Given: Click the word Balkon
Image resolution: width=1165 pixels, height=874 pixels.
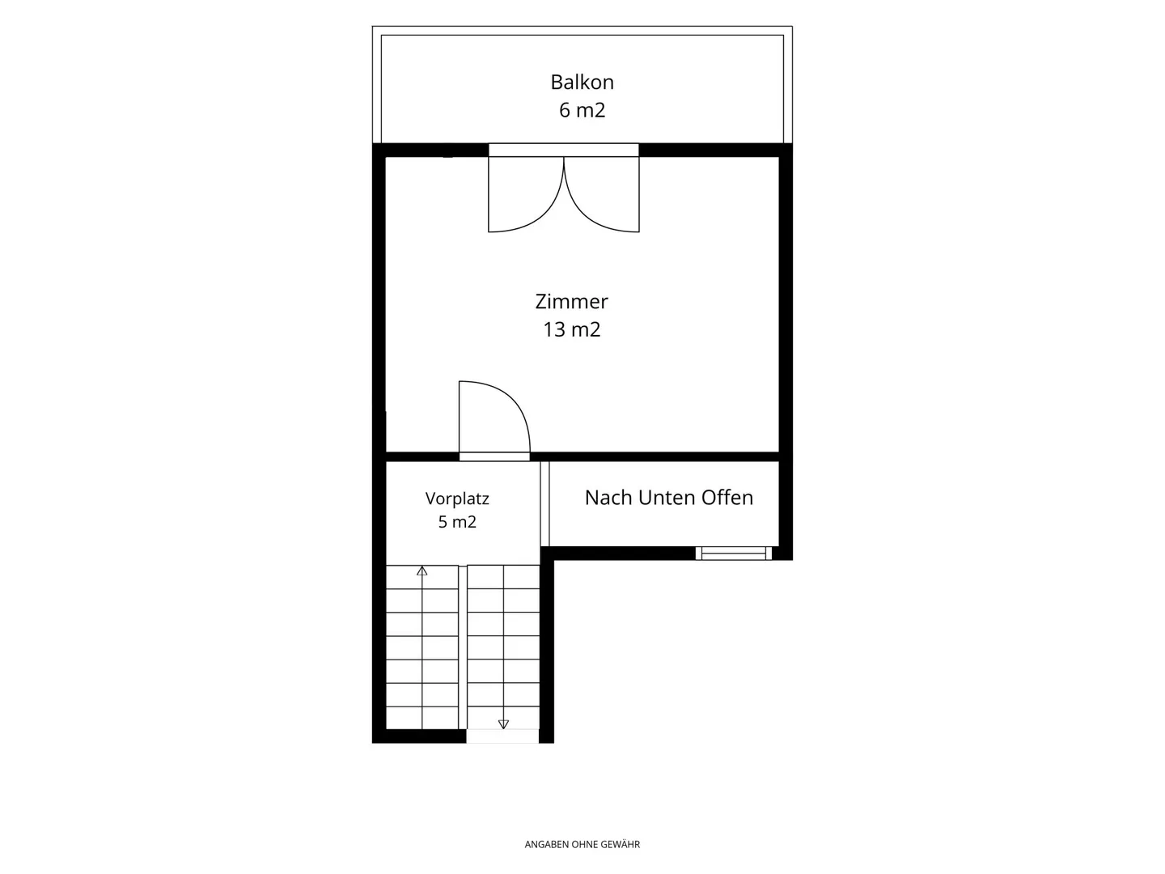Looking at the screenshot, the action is [582, 83].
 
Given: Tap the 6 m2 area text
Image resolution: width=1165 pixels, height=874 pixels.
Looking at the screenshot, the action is [582, 110].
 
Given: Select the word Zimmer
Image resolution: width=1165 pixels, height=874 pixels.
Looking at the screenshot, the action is [571, 301].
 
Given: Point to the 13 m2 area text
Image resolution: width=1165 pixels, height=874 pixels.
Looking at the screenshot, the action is [572, 329].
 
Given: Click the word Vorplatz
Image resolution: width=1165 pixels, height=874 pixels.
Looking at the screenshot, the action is [457, 499].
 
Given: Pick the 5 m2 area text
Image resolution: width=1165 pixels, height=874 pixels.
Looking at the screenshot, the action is [457, 522].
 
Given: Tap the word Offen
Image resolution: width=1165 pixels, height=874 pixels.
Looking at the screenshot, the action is [727, 498].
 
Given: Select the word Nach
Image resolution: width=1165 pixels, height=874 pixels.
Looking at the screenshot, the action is [608, 498].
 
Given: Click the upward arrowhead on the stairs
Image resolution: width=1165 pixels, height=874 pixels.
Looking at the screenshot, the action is [422, 571].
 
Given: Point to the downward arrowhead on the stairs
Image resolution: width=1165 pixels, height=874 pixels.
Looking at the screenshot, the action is [504, 723].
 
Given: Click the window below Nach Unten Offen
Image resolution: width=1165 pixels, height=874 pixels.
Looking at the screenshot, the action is [734, 554].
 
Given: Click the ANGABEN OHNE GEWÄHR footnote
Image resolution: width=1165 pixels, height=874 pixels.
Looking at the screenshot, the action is [582, 844].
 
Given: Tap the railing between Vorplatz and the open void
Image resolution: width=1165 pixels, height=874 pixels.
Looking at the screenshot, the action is [544, 503].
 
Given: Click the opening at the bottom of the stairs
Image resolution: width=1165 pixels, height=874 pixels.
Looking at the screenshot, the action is [502, 736].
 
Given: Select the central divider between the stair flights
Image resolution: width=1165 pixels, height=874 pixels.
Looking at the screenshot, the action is [462, 647].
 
